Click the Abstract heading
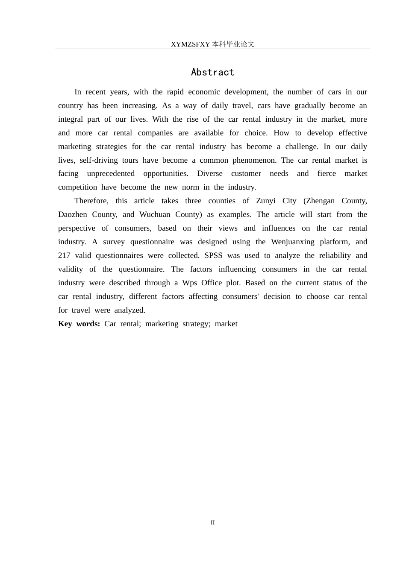coord(212,72)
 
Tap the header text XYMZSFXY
coord(190,44)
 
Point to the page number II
coord(212,522)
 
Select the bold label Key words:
coord(79,324)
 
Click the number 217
coord(64,255)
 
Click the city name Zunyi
coord(266,201)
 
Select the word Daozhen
coord(72,214)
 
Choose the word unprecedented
coord(111,173)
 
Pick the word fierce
coord(327,173)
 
